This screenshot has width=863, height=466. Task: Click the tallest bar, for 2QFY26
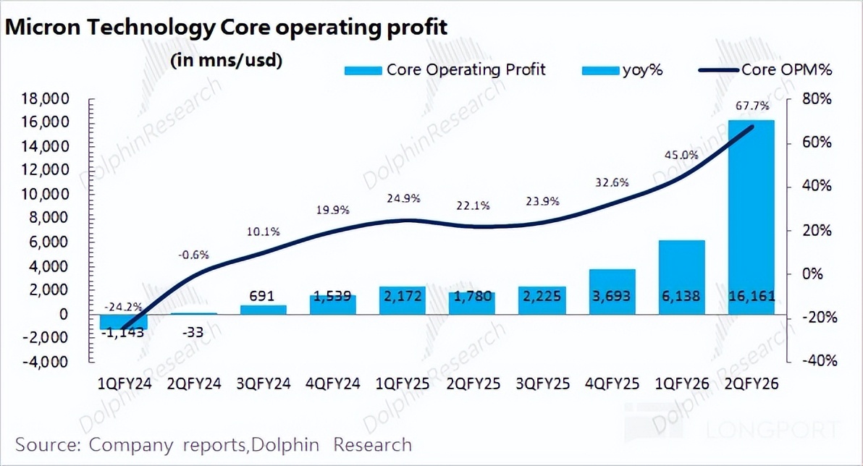[752, 217]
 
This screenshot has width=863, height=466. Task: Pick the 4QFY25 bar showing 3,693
[612, 292]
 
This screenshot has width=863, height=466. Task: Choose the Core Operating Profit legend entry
[445, 69]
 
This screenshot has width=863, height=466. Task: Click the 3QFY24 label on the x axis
[264, 384]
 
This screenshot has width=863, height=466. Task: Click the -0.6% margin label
[193, 254]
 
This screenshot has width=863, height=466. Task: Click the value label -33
[193, 334]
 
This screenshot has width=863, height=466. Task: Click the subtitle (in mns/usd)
[226, 60]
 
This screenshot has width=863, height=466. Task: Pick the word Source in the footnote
[46, 444]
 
